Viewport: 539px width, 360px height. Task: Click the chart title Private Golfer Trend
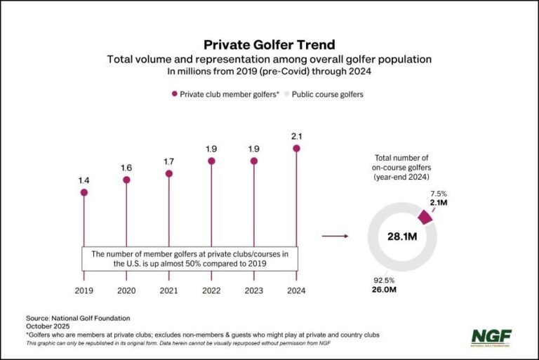(x=269, y=45)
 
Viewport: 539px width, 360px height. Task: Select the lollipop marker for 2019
(x=84, y=192)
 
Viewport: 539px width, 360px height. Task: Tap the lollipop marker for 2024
(x=297, y=148)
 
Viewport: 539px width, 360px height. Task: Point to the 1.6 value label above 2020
(x=126, y=168)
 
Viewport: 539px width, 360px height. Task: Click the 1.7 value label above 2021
(x=169, y=161)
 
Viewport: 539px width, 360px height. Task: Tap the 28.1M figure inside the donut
(x=403, y=236)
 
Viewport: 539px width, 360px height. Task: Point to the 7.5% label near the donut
(x=438, y=192)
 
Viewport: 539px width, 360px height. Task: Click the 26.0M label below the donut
(x=383, y=288)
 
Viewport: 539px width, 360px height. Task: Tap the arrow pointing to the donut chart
(x=335, y=236)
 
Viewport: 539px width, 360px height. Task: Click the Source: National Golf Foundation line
(x=78, y=318)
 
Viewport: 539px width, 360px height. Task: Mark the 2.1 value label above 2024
(x=297, y=135)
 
